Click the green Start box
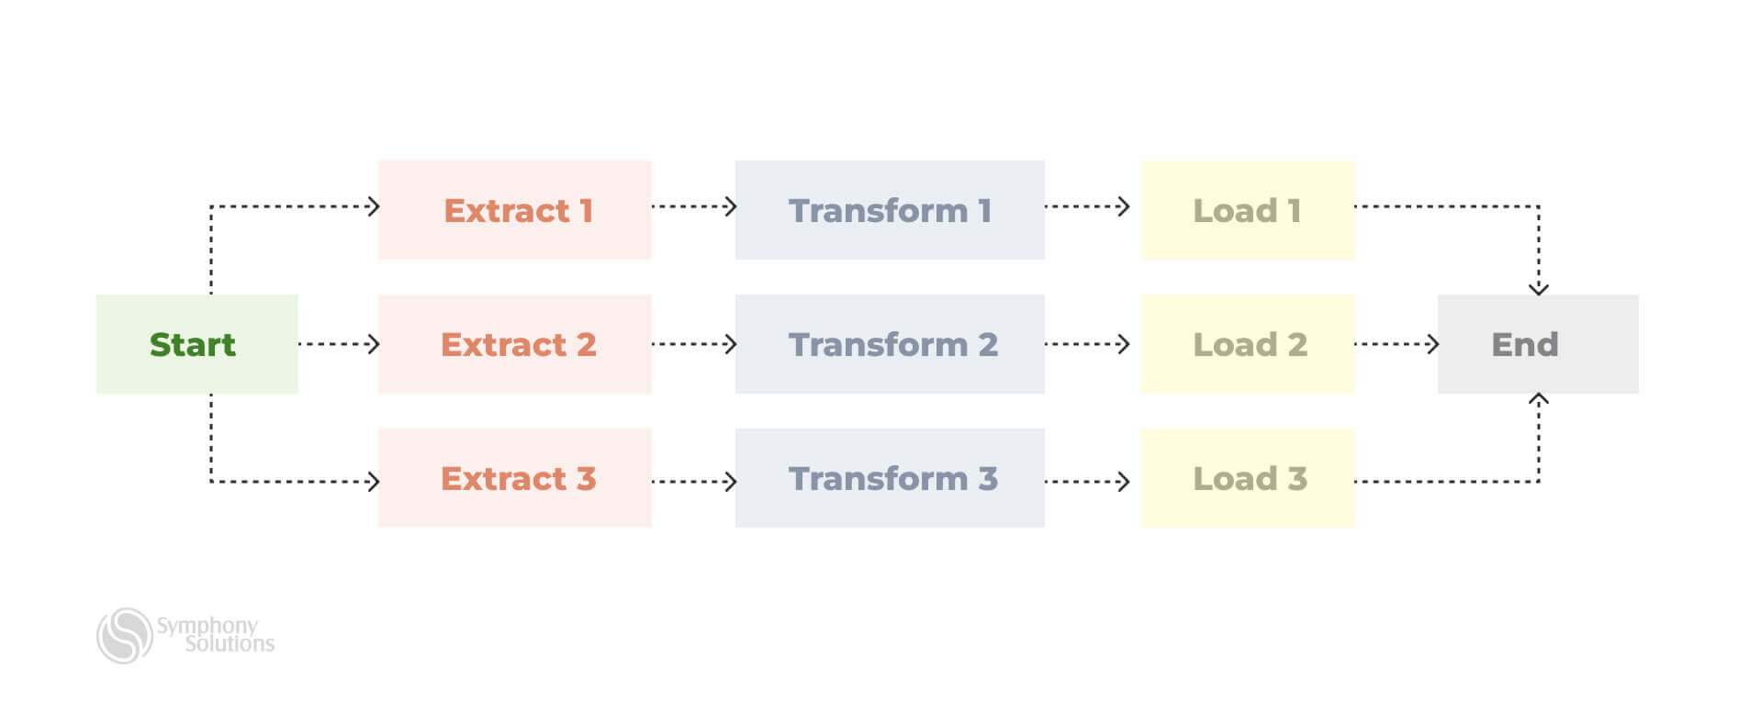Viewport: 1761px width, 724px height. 196,344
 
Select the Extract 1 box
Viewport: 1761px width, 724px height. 514,210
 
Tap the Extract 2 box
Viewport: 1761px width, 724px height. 514,344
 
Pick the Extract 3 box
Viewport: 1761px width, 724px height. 514,478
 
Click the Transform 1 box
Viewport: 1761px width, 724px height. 889,210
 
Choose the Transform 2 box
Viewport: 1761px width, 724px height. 889,344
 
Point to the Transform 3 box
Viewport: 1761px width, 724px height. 889,478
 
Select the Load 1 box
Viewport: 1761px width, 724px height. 1247,210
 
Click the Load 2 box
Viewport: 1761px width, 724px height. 1247,344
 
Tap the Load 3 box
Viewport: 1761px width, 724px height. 1247,478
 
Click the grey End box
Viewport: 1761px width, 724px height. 1537,344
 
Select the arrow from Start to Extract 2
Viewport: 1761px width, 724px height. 338,344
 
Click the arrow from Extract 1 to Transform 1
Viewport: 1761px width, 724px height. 693,206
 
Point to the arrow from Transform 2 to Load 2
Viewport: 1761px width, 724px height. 1087,344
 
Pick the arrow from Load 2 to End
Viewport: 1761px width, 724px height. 1396,344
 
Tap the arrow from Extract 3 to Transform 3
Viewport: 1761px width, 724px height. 693,481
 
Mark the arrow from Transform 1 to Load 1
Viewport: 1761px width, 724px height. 1087,206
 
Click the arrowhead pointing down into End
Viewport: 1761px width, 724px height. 1539,287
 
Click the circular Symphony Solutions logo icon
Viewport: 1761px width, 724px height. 125,635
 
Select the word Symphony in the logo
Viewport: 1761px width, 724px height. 208,626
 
